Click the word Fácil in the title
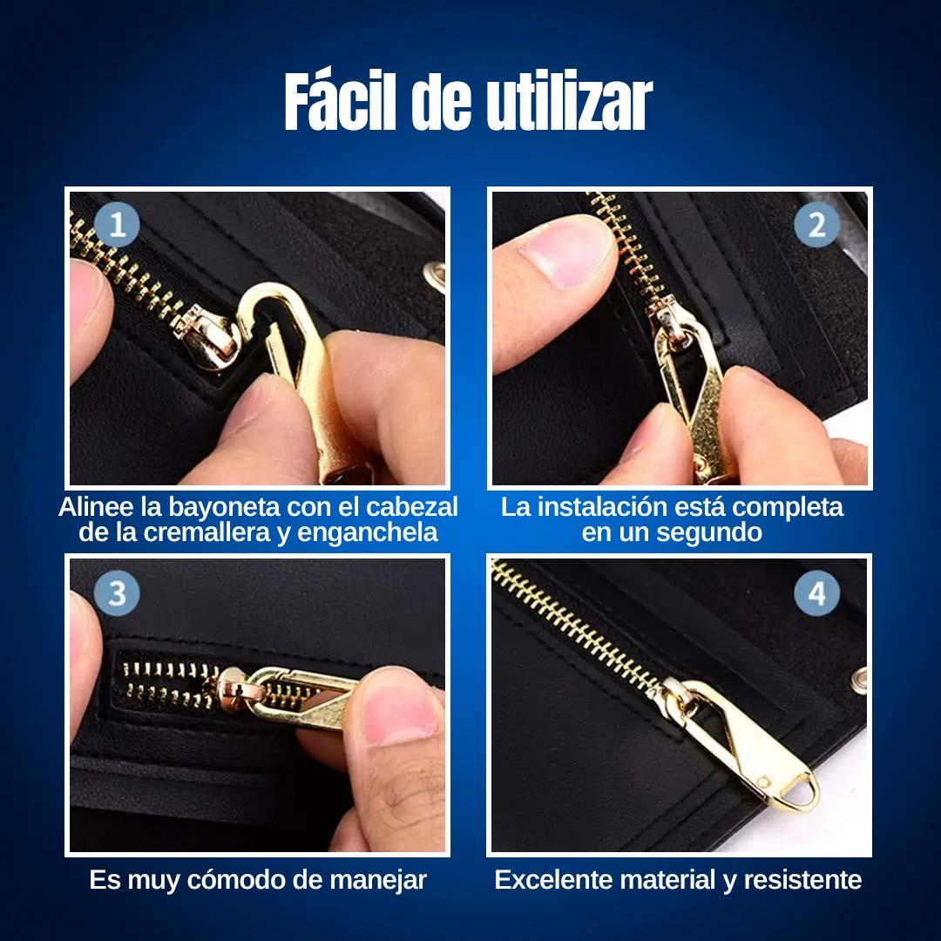341,100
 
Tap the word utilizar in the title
569,101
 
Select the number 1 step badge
117,226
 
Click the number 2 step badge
816,225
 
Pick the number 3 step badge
117,593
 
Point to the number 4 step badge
816,593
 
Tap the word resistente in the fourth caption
802,880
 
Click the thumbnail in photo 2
563,250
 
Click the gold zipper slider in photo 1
206,338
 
